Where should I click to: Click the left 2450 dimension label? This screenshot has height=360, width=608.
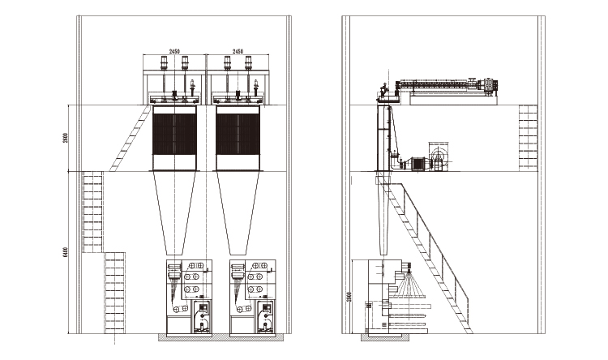(x=173, y=51)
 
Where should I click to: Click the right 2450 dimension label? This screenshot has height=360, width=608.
(x=237, y=51)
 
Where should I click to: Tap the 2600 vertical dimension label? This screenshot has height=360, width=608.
(x=65, y=139)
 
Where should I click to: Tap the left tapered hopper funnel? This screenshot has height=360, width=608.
(x=175, y=212)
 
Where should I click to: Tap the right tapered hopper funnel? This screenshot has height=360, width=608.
(x=238, y=212)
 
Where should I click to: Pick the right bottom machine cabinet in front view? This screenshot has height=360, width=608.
(x=253, y=298)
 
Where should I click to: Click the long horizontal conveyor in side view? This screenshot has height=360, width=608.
(x=442, y=85)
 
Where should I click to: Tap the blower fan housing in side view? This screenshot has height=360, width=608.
(x=441, y=157)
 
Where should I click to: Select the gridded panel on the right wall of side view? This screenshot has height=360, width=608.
(x=528, y=138)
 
